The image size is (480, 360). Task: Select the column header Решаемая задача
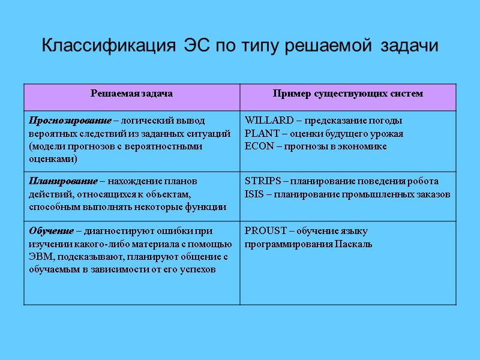[131, 94]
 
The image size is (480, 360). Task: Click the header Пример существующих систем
[347, 94]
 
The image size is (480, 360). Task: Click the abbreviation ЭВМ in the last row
[40, 257]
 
